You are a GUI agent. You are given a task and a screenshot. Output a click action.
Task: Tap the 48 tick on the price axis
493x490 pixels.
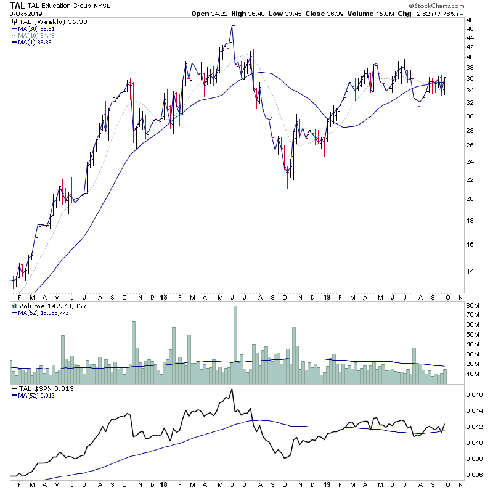pos(470,20)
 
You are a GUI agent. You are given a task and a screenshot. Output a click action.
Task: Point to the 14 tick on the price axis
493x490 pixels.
pos(470,271)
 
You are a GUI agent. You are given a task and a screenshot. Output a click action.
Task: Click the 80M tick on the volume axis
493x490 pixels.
pos(473,305)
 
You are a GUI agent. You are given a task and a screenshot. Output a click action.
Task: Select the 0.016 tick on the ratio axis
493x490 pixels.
pos(475,394)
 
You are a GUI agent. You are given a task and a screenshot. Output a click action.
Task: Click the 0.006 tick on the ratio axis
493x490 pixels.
pos(475,475)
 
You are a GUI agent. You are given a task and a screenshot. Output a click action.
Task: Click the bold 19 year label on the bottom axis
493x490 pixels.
pos(327,296)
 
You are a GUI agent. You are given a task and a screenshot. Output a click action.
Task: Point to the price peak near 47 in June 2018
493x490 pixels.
pos(234,25)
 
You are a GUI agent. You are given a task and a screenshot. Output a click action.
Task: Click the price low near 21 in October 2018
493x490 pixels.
pos(287,186)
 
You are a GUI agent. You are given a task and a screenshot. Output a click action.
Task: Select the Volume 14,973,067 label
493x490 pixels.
pos(44,306)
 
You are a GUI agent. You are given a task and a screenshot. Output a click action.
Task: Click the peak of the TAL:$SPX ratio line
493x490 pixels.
pos(232,389)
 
